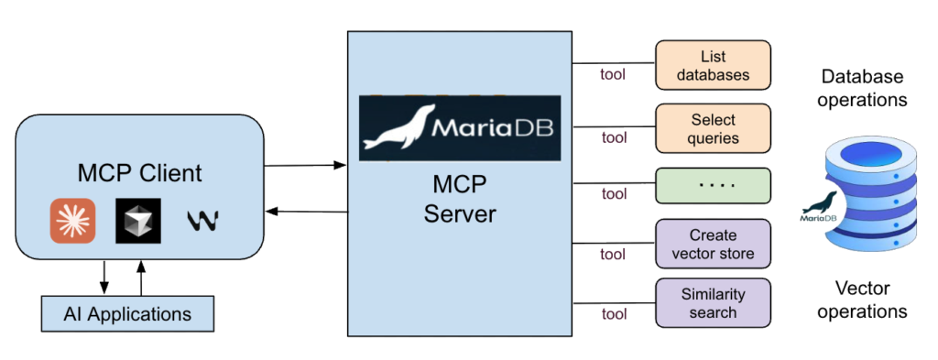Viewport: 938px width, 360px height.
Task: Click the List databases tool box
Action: [713, 64]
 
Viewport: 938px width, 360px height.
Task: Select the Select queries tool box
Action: [713, 129]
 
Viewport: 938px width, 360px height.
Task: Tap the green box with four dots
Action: [713, 185]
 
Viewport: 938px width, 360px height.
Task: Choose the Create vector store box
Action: [713, 244]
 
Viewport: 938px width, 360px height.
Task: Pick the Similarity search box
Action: [713, 303]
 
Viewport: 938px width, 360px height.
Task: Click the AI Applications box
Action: [127, 314]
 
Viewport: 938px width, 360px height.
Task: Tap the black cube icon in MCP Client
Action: [138, 220]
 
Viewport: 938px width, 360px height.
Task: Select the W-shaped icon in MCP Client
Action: [202, 221]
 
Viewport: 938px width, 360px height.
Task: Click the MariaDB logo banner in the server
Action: [459, 128]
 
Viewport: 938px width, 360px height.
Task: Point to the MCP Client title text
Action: [139, 172]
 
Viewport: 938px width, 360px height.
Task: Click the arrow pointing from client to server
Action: [306, 165]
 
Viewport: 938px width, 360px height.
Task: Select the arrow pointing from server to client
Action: [306, 213]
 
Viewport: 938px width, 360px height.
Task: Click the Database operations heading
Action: [864, 88]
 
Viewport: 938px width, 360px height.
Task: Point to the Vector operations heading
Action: [864, 300]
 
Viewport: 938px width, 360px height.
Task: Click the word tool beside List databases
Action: [612, 73]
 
